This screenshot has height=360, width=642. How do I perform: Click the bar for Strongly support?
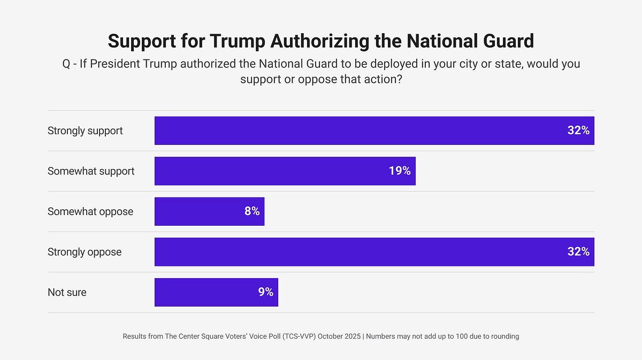[374, 131]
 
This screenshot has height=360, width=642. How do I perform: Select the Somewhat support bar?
[285, 171]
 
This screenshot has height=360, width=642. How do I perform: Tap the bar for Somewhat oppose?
[209, 211]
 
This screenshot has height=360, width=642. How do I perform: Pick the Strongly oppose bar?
[374, 252]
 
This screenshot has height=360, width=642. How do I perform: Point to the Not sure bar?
[216, 292]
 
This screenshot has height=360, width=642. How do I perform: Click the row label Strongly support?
[85, 131]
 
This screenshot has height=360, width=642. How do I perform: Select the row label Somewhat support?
[91, 171]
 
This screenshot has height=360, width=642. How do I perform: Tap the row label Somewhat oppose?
[90, 211]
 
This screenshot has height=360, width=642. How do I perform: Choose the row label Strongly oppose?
[85, 252]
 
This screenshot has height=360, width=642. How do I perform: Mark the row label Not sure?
[67, 292]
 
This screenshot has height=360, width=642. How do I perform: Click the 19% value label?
[400, 171]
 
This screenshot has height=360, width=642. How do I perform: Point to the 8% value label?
[252, 211]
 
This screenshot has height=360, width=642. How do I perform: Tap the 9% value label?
[266, 292]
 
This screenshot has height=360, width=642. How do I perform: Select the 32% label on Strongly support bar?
[578, 131]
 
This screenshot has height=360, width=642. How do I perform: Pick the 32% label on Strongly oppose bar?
[578, 252]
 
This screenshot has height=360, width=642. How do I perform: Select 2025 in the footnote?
[353, 336]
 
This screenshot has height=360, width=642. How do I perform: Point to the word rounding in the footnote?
[503, 336]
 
